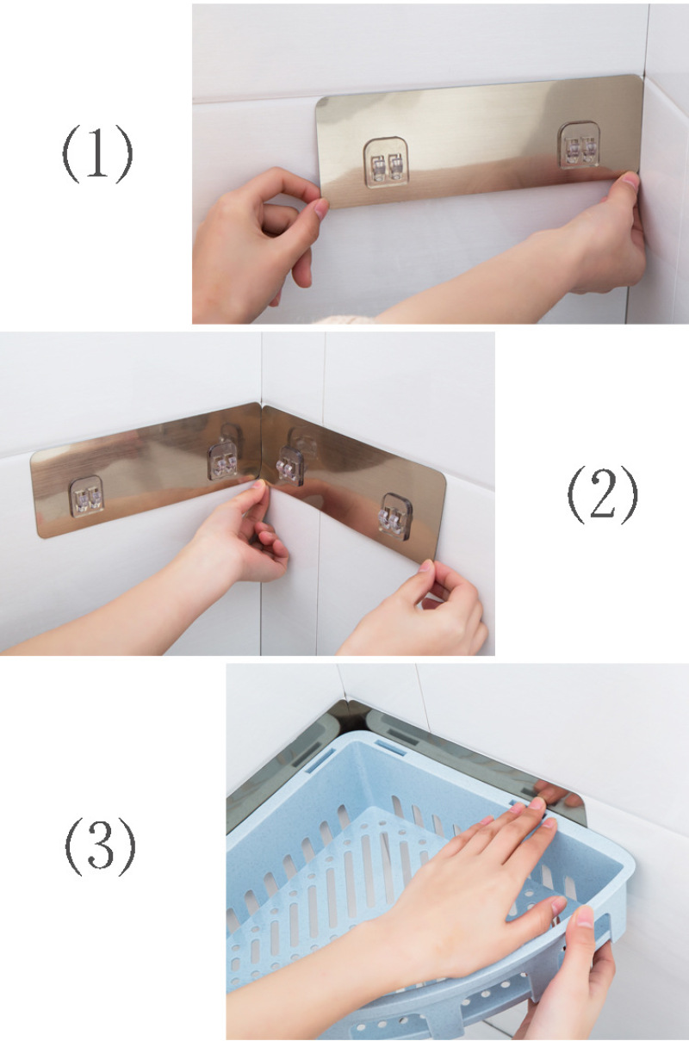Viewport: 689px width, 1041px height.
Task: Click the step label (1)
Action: [97, 154]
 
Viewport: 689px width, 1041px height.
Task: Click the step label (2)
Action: [603, 494]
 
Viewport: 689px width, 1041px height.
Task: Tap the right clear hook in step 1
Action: [579, 145]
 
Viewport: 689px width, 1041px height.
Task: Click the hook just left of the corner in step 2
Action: [223, 461]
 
